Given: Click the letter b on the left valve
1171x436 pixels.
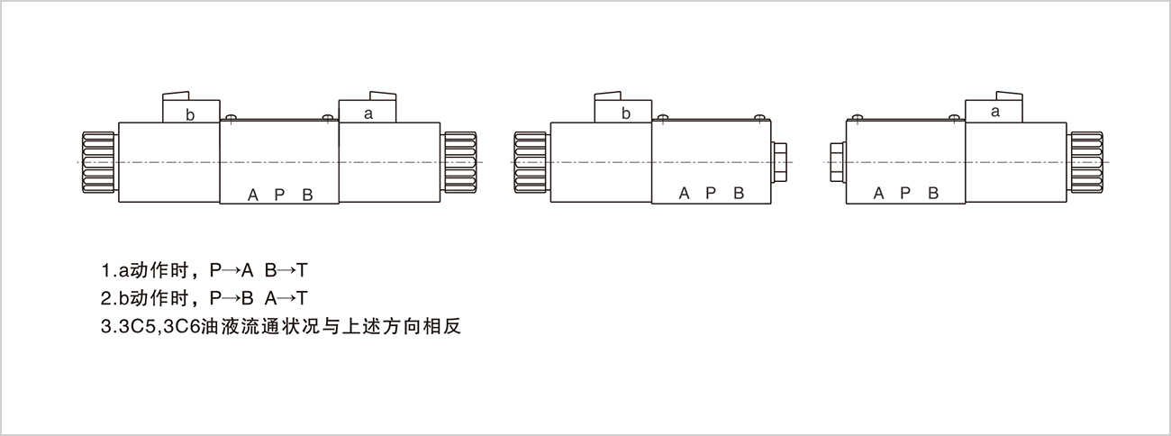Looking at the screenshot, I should pos(190,114).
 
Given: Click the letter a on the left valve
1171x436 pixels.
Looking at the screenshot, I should pos(368,114).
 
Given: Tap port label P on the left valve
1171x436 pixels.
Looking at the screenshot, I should pos(279,195).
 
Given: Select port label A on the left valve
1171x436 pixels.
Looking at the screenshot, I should pos(253,195).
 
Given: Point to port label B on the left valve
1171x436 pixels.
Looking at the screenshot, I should pos(307,195).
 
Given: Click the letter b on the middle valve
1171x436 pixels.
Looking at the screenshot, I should pos(626,114).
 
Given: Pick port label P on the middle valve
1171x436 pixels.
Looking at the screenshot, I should pos(711,193).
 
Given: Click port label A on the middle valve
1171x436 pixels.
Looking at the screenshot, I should pos(685,193).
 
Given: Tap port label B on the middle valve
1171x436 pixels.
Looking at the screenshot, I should pos(739,193).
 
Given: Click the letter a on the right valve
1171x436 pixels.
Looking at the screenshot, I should pos(995,113).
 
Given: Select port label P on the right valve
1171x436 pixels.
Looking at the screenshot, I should pos(905,193).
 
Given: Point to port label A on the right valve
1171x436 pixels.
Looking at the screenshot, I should pos(878,193).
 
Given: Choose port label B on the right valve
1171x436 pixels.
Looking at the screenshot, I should pos(933,193).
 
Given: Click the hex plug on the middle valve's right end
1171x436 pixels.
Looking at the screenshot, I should pos(780,161).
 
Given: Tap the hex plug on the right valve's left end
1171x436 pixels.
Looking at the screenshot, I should pos(836,161).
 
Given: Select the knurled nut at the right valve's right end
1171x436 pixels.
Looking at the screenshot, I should pos(1085,161).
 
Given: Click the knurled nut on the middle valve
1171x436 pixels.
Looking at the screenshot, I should pos(531,161).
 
